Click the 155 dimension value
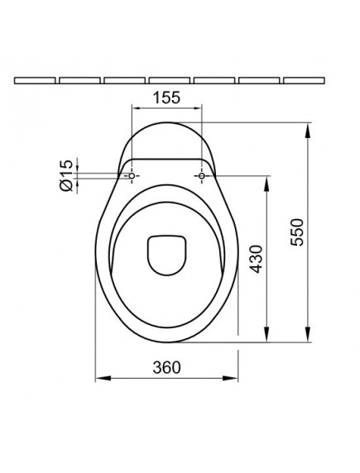(167, 98)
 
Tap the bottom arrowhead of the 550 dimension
(309, 339)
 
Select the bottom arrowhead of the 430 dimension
(266, 339)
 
